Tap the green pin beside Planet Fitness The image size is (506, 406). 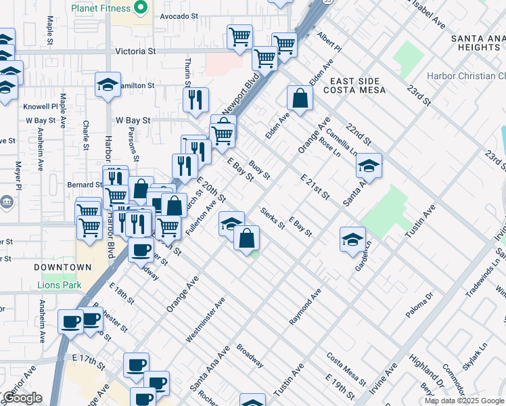[x=141, y=8]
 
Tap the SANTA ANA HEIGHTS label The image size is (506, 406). [x=478, y=43]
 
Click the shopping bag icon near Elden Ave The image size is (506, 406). [x=300, y=99]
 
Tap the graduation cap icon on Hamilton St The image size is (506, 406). [x=108, y=85]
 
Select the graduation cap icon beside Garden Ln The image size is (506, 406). [x=352, y=240]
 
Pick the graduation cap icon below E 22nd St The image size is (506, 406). [x=369, y=166]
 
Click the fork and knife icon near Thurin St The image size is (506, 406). [x=195, y=100]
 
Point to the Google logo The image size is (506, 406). [x=22, y=398]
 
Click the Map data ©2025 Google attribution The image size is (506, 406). [x=464, y=401]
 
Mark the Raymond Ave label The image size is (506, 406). [x=306, y=307]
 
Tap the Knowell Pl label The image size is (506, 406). [x=41, y=107]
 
